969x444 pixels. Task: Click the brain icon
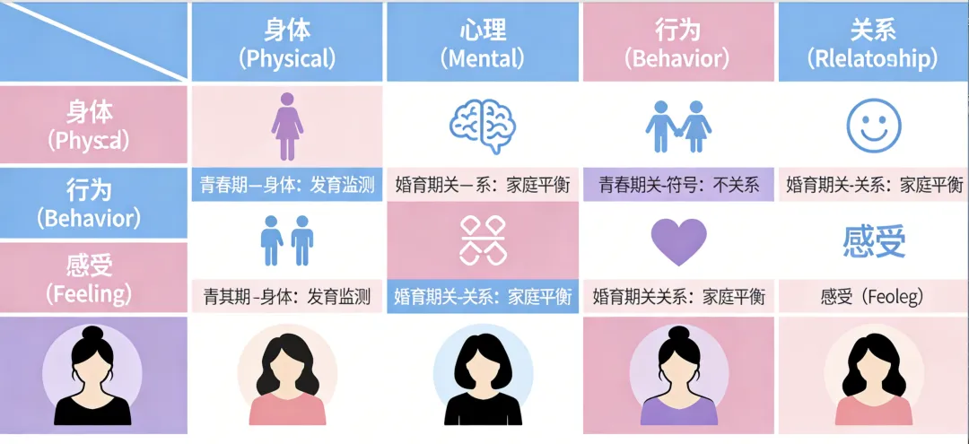[x=483, y=125]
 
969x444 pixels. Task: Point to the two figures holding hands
[x=677, y=126]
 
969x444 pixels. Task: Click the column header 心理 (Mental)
[x=482, y=43]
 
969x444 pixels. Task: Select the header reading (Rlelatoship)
[x=871, y=59]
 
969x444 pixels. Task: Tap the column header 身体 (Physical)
[x=287, y=43]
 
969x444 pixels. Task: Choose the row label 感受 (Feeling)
[x=93, y=278]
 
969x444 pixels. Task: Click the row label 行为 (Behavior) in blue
[x=93, y=203]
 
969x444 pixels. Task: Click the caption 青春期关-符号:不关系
[x=678, y=186]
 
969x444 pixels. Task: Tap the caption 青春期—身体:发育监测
[x=287, y=186]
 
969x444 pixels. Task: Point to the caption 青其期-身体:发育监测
[x=287, y=296]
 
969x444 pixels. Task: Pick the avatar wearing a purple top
[x=678, y=376]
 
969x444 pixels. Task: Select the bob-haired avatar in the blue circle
[x=483, y=377]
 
